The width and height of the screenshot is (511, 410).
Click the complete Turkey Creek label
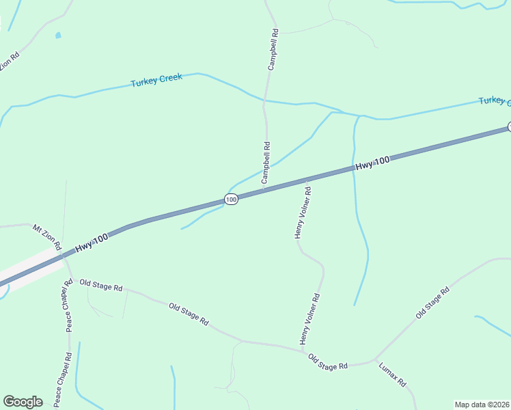coord(156,79)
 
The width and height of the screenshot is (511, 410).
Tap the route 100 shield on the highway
coord(231,200)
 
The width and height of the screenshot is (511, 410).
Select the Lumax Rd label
coord(392,374)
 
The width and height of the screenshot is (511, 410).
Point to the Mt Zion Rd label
coord(47,236)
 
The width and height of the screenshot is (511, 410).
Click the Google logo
coord(23,402)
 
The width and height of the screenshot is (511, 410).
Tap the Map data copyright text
coord(482,405)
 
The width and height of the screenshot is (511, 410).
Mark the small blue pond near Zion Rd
coord(58,35)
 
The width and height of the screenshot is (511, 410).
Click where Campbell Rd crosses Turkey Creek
coord(264,102)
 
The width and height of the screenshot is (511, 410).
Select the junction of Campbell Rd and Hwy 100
coord(265,191)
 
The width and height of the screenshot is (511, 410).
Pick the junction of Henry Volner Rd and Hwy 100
coord(305,180)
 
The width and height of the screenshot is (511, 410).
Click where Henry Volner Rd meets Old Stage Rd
coord(303,351)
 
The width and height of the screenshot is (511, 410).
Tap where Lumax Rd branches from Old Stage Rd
coord(374,359)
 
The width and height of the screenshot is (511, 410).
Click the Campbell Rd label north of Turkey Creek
coord(273,50)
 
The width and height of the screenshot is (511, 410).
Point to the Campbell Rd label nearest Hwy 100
coord(266,162)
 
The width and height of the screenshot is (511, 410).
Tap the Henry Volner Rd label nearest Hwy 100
coord(303,213)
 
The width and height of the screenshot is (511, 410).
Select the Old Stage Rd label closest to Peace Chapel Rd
coord(100,285)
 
